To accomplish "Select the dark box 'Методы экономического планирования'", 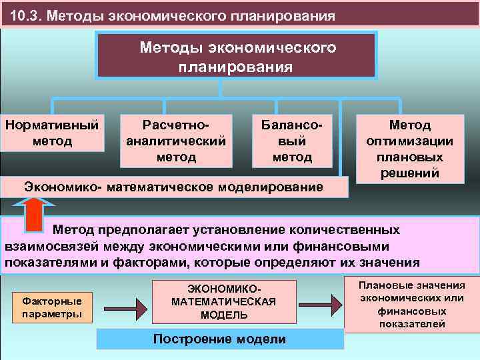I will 237,56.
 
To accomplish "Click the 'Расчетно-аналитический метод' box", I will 176,141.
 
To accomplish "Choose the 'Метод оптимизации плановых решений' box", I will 410,148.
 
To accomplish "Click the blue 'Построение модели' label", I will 219,339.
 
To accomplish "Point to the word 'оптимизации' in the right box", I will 410,141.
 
